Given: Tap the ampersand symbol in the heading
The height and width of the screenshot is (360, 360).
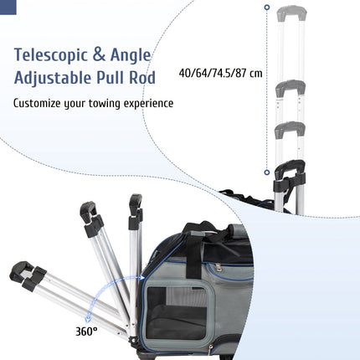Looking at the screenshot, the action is click(x=99, y=54).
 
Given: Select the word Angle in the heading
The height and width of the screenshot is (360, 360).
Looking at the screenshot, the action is click(x=131, y=55).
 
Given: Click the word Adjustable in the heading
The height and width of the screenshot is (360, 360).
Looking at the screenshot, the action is click(x=53, y=78).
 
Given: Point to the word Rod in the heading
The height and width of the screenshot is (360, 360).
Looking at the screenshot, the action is click(x=142, y=78).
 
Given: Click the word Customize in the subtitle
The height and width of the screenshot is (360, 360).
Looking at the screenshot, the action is click(x=37, y=103).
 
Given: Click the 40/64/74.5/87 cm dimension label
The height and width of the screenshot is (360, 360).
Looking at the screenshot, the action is click(x=220, y=74).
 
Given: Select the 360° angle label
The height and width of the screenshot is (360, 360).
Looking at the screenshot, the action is click(x=86, y=332).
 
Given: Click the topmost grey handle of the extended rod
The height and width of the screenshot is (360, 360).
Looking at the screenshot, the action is click(x=291, y=13).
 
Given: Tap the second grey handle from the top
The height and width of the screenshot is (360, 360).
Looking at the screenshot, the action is click(x=291, y=88).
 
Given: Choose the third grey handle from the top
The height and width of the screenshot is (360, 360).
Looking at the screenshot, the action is click(x=290, y=130).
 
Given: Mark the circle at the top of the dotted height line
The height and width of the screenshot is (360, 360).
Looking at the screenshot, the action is click(x=267, y=8).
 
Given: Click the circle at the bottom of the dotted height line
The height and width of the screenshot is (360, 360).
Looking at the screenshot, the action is click(x=267, y=172).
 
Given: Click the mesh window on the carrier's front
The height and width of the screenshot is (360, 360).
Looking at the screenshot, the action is click(x=178, y=311).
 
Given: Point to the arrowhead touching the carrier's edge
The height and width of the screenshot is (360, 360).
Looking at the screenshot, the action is click(x=142, y=277).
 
